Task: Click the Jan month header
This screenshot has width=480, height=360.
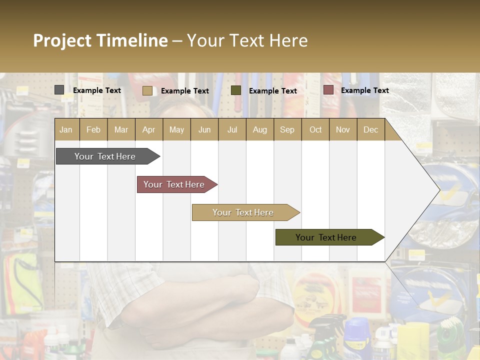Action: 66,129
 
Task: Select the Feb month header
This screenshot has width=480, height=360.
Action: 93,129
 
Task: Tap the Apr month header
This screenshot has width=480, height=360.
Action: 148,129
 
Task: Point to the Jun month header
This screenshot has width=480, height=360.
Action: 204,129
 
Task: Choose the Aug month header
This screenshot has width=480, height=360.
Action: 259,129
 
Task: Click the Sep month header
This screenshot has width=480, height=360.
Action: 287,129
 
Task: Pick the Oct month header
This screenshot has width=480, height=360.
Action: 315,129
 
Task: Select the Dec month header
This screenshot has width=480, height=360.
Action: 370,129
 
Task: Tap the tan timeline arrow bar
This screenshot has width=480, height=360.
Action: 243,212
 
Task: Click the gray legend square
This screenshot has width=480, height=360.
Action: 59,90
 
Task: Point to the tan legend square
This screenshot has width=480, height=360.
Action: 147,90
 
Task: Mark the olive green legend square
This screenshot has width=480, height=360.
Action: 236,90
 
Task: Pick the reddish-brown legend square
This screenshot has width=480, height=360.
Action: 328,90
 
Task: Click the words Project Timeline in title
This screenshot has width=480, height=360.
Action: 100,40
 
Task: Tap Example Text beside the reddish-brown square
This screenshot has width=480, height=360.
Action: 364,90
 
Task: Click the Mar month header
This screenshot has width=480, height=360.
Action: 121,129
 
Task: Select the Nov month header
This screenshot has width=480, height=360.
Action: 342,129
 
